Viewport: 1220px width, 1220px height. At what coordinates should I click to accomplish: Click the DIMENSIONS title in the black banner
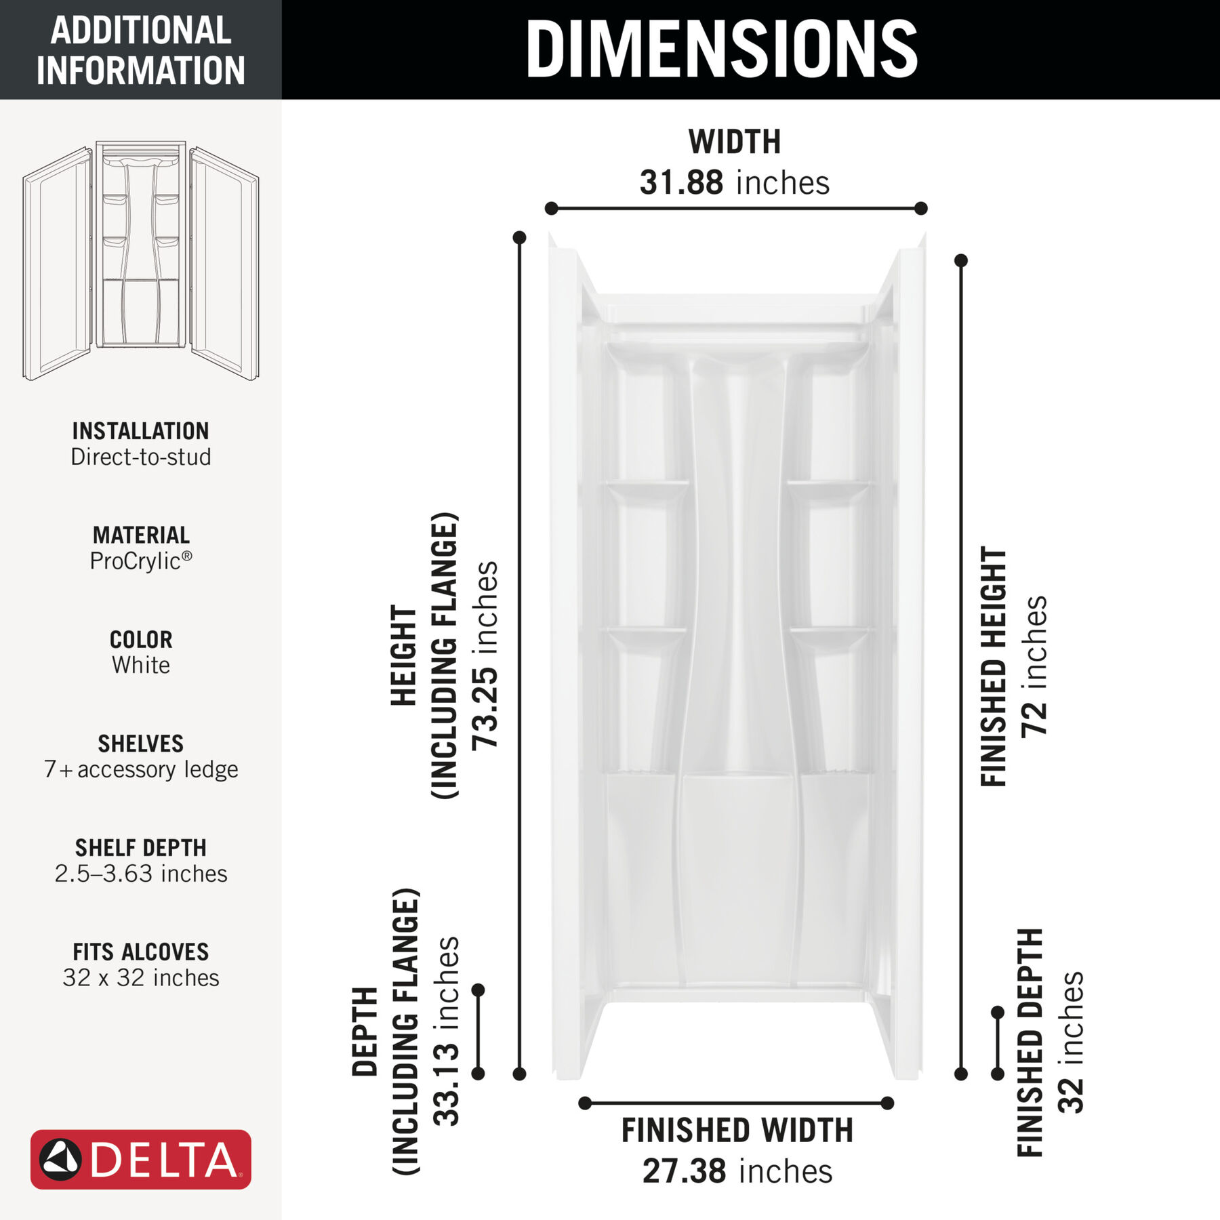pos(721,49)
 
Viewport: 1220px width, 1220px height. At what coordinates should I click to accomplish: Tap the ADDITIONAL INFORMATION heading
pos(140,50)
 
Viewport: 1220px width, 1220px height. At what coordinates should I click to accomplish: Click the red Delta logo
pos(140,1159)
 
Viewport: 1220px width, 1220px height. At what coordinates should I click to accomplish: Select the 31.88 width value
pos(681,183)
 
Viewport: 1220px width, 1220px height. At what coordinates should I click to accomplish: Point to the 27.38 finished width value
pos(685,1171)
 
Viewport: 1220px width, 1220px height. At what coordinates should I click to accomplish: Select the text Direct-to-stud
pos(140,457)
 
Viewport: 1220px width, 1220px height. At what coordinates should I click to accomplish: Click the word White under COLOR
pos(140,665)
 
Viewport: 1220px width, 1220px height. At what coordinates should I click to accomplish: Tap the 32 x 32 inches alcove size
pos(140,977)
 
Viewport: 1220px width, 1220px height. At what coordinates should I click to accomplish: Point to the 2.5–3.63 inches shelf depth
pos(140,874)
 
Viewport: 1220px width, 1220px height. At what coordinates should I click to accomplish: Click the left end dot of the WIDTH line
pos(551,208)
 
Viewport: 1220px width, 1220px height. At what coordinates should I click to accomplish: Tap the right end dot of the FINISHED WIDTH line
pos(887,1103)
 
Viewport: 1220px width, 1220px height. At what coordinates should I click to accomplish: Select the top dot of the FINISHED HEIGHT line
pos(960,260)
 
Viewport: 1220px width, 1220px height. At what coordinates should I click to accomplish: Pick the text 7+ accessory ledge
pos(140,769)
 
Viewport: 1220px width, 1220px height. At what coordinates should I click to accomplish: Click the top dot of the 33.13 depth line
pos(478,990)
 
